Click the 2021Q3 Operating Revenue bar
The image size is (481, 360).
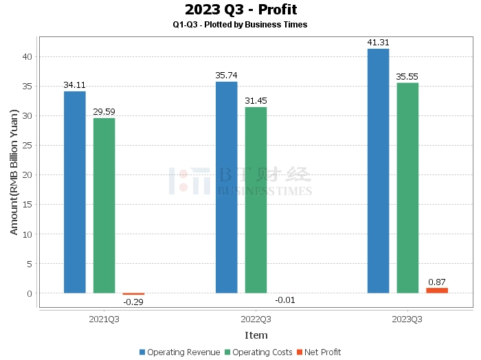point(75,192)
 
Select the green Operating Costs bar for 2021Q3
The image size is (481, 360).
point(104,205)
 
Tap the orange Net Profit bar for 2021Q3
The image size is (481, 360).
point(133,294)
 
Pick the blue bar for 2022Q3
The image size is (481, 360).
point(227,188)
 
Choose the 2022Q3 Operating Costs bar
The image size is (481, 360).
point(256,200)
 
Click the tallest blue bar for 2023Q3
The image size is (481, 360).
point(378,171)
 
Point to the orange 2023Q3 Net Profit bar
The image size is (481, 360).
point(437,291)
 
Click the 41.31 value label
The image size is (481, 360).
point(378,43)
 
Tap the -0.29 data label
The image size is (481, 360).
point(133,302)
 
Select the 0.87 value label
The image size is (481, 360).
point(437,282)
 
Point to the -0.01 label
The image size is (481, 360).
point(285,300)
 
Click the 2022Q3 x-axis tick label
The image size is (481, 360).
point(256,319)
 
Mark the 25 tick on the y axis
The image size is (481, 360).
point(28,145)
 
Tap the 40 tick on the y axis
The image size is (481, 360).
point(28,56)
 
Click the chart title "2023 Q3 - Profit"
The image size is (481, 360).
point(240,10)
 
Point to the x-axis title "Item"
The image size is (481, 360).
point(256,335)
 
